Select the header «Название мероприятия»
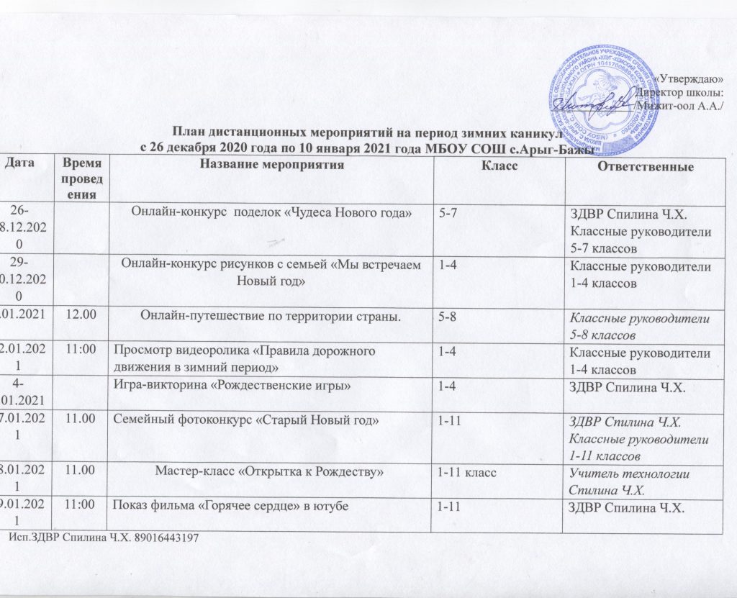pyautogui.click(x=271, y=166)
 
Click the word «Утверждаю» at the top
pyautogui.click(x=692, y=78)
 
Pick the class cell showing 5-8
pyautogui.click(x=451, y=314)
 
